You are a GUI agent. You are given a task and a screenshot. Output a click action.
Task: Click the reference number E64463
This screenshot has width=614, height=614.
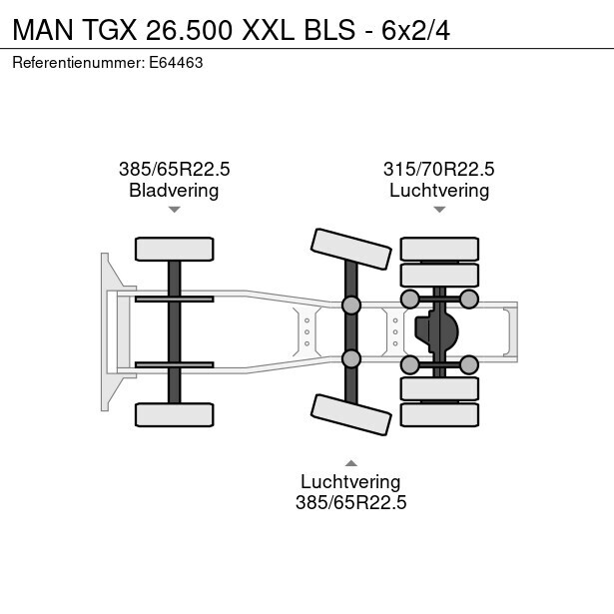[x=176, y=63]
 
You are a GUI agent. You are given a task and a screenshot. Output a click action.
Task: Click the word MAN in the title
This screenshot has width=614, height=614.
[x=43, y=30]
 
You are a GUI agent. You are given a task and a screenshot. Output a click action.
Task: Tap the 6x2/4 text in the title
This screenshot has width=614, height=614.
[x=416, y=30]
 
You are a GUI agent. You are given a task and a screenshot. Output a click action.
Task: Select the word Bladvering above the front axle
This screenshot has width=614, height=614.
[x=174, y=191]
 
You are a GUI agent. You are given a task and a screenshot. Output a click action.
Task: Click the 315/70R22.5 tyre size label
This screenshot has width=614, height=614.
[x=439, y=169]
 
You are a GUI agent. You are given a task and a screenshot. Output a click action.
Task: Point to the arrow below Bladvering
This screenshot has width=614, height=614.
[x=175, y=210]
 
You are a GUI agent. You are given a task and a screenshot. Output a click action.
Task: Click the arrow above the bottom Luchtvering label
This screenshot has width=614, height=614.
[x=351, y=463]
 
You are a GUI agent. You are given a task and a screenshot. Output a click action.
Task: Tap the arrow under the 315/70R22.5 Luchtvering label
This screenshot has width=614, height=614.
[x=439, y=210]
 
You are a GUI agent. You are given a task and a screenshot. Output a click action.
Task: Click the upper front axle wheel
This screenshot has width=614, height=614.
[x=175, y=249]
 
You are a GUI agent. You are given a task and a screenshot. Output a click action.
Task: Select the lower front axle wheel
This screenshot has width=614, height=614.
[x=175, y=414]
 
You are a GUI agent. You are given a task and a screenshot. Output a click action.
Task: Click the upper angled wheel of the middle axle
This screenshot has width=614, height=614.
[x=351, y=249]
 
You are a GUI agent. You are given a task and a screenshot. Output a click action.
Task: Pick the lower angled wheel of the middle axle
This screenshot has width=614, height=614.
[x=351, y=414]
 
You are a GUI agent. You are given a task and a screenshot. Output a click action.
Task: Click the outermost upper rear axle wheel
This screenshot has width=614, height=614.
[x=439, y=249]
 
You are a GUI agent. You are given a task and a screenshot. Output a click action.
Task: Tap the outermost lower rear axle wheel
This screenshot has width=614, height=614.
[x=439, y=414]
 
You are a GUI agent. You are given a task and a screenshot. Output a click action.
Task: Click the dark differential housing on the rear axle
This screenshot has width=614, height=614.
[x=436, y=331]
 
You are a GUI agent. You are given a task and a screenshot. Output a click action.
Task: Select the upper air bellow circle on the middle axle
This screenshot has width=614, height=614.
[x=351, y=306]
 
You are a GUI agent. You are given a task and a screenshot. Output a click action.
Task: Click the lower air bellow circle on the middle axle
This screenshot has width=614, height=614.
[x=351, y=358]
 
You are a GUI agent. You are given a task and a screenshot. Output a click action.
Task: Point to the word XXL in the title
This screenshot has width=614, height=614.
[x=269, y=30]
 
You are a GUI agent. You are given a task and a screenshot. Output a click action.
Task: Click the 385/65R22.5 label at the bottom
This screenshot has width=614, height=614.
[x=350, y=502]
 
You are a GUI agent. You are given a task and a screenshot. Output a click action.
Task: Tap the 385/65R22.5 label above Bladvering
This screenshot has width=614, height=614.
[x=175, y=169]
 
